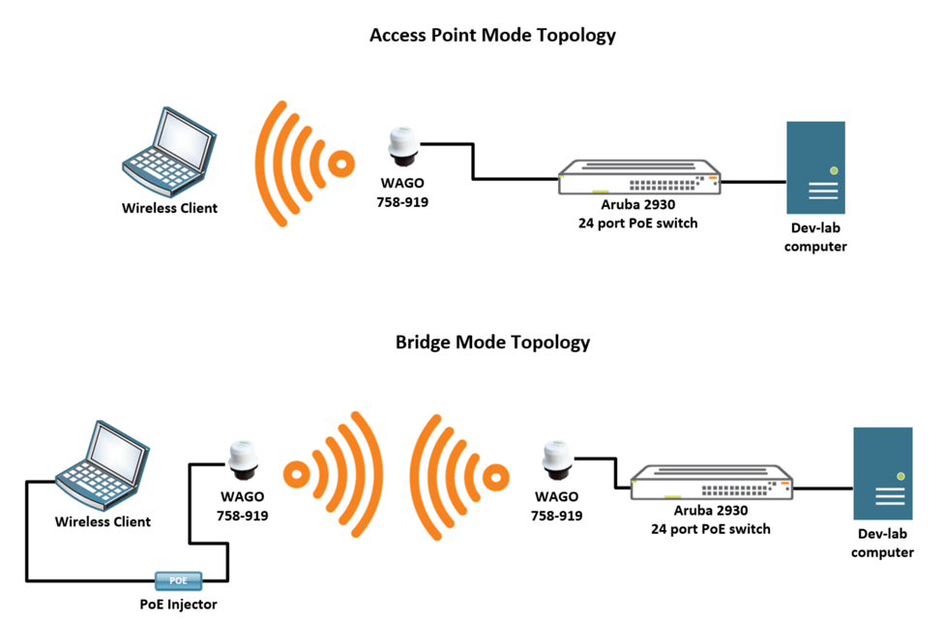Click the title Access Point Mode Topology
point(492,36)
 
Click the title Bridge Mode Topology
point(492,342)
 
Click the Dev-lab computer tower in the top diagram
point(815,167)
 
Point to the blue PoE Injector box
point(179,580)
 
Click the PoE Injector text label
point(179,605)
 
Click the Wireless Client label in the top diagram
point(170,208)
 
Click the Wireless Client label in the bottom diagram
point(103,521)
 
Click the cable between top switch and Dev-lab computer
point(753,181)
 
